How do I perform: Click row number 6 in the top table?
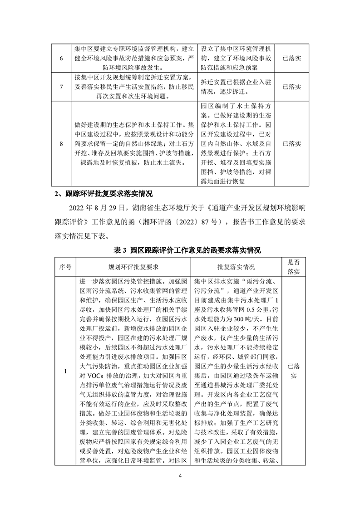62,59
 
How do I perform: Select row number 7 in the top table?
62,87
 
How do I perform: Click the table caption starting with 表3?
180,250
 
